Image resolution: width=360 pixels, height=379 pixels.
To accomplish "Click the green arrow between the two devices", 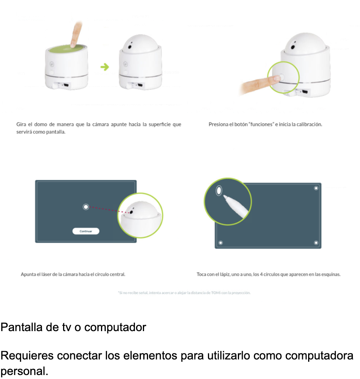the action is point(105,67).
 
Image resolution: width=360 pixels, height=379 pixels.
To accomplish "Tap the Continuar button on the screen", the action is point(86,231).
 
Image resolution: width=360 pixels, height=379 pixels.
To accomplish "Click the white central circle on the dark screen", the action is point(85,207).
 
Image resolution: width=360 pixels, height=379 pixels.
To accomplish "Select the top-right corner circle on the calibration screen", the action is point(316,188).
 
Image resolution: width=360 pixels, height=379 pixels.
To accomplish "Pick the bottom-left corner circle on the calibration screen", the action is point(220,243).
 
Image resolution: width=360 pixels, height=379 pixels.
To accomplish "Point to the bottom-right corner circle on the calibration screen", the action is point(316,243).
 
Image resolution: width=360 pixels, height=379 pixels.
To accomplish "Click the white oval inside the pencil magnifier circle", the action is point(219,190).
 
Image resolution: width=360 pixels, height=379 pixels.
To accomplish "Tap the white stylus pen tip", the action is point(224,197).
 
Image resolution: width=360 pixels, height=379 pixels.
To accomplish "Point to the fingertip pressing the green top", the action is point(73,45).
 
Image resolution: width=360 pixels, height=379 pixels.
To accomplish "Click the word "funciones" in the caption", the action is point(261,124).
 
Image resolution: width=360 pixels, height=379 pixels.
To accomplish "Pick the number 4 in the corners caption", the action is point(261,274).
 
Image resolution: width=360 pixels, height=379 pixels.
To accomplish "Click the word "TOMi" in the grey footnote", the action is point(216,293).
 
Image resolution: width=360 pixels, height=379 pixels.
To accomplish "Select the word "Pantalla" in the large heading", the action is point(22,327).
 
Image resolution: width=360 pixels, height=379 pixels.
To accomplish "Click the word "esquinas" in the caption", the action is point(331,274).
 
